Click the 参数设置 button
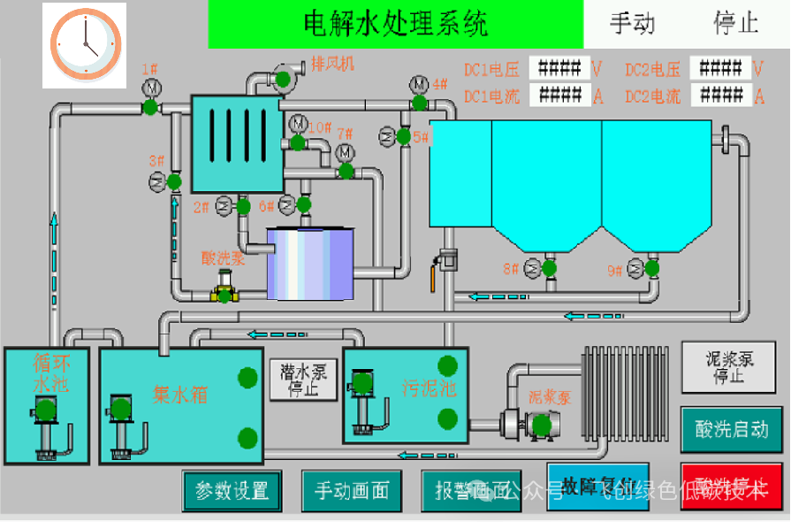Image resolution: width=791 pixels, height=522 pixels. [232, 490]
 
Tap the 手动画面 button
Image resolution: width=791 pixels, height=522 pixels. [352, 490]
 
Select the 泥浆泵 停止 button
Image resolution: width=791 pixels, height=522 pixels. [728, 367]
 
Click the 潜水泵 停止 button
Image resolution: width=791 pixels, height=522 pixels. [302, 380]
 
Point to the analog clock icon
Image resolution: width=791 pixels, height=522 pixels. [85, 44]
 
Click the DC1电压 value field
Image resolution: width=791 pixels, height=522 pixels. [559, 68]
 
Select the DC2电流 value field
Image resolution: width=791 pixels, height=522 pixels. [719, 96]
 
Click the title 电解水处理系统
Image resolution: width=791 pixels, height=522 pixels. [395, 24]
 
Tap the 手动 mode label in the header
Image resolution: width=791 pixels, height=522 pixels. [633, 24]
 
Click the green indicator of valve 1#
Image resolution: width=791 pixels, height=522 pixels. [150, 107]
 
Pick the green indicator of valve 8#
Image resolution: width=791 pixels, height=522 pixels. [549, 267]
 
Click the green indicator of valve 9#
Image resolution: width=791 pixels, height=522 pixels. [652, 267]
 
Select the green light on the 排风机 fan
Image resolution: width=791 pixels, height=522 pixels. [284, 80]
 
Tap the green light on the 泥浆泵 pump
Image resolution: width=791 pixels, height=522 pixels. [541, 426]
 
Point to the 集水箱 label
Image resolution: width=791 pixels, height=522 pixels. [180, 394]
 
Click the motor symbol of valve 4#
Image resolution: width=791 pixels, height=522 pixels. [418, 84]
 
